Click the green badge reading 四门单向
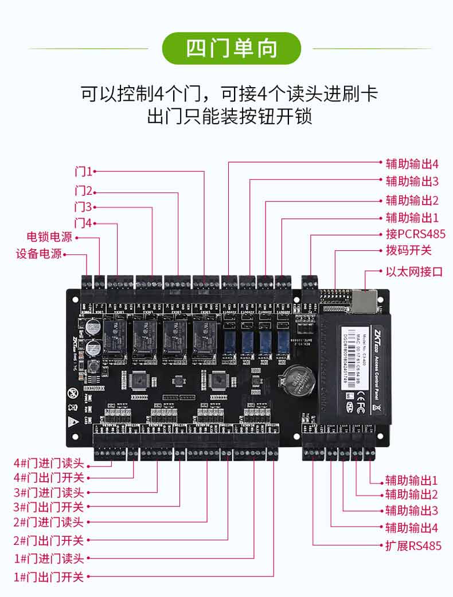(x=232, y=48)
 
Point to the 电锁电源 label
(x=49, y=237)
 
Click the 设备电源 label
(x=38, y=253)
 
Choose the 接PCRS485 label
(x=415, y=234)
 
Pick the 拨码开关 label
(x=408, y=250)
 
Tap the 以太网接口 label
(x=414, y=272)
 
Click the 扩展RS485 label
(x=413, y=545)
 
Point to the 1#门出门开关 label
(x=49, y=576)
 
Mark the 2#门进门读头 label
(x=49, y=522)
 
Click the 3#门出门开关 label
(x=49, y=507)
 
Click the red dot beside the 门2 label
(x=95, y=193)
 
